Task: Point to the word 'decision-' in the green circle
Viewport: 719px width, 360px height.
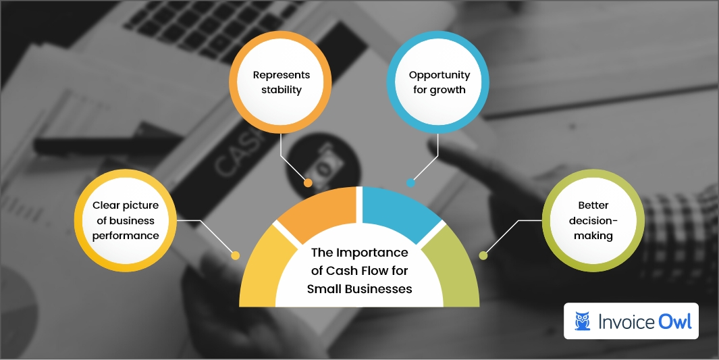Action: coord(595,220)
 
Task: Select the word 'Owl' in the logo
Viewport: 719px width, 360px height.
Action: coord(673,322)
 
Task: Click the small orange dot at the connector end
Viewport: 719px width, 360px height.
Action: coord(308,182)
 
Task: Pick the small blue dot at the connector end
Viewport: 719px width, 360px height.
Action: coord(410,182)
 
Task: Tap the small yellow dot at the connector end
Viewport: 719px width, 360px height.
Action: coord(235,255)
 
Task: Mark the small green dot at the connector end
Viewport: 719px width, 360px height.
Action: coord(483,255)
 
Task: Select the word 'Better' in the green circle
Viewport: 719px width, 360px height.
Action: coord(595,205)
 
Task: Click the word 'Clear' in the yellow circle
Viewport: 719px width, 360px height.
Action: coord(106,205)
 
